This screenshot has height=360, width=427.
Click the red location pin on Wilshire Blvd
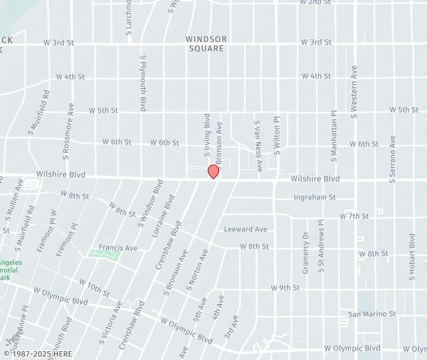click(213, 171)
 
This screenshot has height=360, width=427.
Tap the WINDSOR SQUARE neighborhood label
click(207, 43)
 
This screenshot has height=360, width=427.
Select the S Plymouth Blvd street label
click(143, 83)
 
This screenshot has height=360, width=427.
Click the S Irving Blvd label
click(207, 135)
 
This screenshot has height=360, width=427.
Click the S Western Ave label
click(354, 91)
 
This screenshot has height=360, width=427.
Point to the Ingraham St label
click(314, 197)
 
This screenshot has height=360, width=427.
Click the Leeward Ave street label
click(246, 229)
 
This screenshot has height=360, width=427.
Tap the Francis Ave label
click(117, 247)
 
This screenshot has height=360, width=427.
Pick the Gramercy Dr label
click(305, 253)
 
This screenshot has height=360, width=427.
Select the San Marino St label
click(372, 313)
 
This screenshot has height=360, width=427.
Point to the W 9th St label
click(285, 288)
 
